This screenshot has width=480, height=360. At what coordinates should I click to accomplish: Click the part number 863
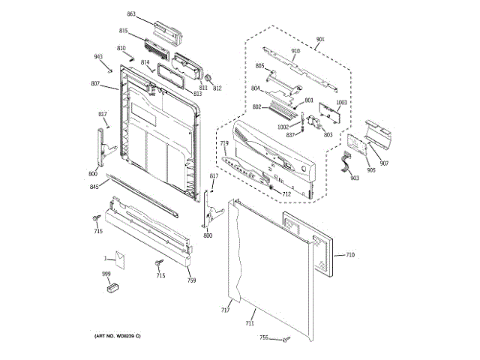(131, 14)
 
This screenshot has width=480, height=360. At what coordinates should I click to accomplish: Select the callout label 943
(98, 57)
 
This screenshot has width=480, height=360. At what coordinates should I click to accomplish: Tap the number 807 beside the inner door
(95, 83)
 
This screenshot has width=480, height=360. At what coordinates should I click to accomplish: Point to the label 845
(94, 187)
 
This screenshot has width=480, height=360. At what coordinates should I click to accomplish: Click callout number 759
(191, 280)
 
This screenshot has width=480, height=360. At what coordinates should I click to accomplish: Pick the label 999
(106, 274)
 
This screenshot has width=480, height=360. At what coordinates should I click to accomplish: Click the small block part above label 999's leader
(114, 286)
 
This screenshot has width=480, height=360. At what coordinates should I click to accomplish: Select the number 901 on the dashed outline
(320, 39)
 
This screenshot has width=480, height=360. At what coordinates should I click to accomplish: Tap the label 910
(295, 51)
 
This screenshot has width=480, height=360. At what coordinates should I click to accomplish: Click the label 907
(383, 163)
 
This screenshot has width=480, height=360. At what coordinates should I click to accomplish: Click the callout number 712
(286, 194)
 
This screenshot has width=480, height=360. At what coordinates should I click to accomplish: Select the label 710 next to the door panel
(349, 255)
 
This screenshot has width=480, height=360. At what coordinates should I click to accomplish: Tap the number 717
(225, 310)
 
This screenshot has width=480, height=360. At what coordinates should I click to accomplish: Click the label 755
(264, 337)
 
